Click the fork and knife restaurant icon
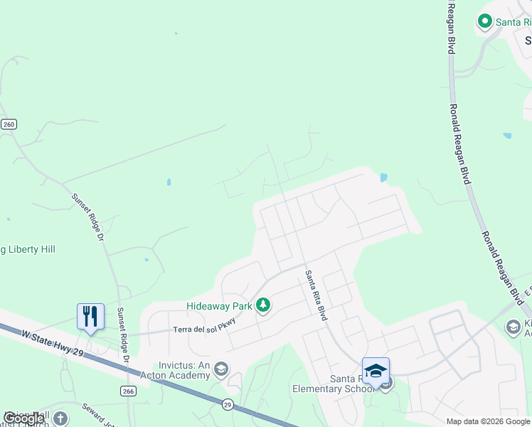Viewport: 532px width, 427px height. pos(90,316)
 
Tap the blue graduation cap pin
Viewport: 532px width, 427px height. pos(376,371)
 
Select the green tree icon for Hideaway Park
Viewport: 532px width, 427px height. pos(264,305)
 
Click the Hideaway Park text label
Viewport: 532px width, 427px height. pos(220,305)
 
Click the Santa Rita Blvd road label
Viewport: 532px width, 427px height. pos(316,295)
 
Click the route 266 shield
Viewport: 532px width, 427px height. pos(128,391)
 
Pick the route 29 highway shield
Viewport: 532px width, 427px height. pos(228,405)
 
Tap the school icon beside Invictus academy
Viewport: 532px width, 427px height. pos(221,368)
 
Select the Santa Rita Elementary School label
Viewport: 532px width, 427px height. pos(333,384)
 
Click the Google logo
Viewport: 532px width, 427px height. pos(23,418)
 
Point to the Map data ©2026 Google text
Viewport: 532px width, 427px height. pos(488,421)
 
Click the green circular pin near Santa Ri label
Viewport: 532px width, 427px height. pos(485,22)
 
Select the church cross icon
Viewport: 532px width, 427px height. pos(61,418)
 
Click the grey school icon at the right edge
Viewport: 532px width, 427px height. pos(512,327)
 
